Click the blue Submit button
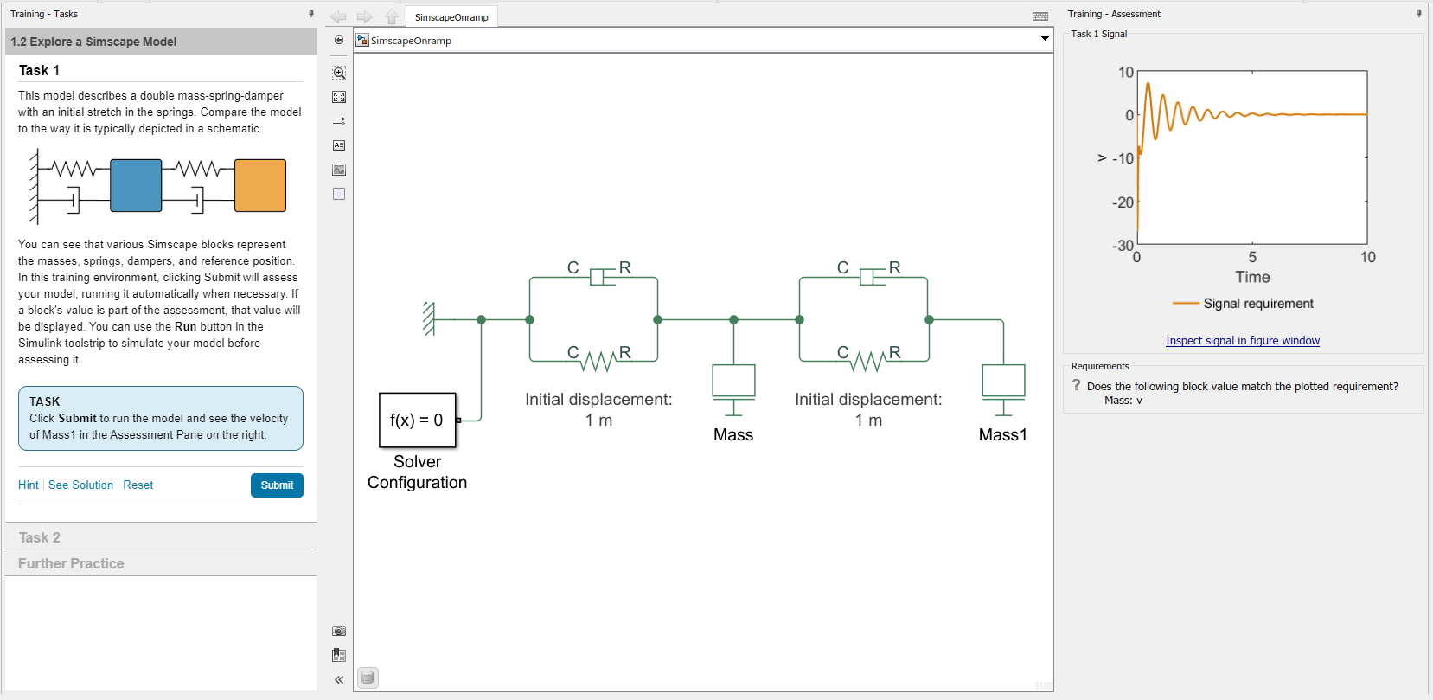[x=277, y=485]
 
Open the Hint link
[x=29, y=485]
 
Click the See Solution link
[x=80, y=485]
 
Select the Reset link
[x=138, y=485]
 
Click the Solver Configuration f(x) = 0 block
[x=417, y=420]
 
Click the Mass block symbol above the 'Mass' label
[x=733, y=382]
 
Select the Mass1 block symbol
[x=1003, y=382]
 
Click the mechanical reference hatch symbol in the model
[x=428, y=319]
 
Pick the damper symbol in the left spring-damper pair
[x=603, y=277]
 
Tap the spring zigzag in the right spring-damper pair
[x=868, y=360]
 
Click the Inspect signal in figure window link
[x=1242, y=341]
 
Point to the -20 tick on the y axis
[x=1123, y=202]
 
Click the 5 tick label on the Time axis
[x=1252, y=257]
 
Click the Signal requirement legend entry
[x=1257, y=304]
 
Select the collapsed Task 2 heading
[x=40, y=537]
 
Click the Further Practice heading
[x=71, y=563]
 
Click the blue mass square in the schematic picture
[x=136, y=185]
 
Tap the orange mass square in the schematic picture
[x=260, y=185]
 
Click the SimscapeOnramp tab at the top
[x=451, y=17]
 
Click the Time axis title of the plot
[x=1252, y=277]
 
